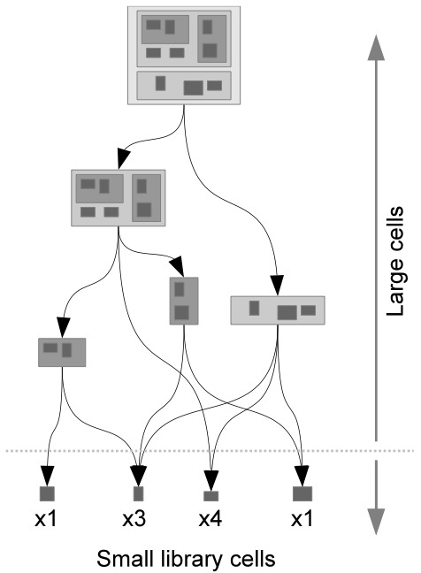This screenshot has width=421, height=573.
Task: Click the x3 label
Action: pos(134,519)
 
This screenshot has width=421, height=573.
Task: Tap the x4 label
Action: pos(210,519)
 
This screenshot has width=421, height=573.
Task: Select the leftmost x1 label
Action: pos(46,519)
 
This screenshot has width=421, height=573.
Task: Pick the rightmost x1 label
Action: pos(302,519)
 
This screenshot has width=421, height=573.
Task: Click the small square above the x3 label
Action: pos(139,493)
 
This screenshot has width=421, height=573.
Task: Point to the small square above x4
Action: pos(210,496)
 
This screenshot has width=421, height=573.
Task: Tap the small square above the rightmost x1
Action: pos(302,493)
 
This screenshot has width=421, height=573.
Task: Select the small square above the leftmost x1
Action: pos(47,493)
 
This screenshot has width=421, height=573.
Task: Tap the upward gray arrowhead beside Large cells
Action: pos(376,48)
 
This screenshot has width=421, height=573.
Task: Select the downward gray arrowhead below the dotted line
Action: pos(376,522)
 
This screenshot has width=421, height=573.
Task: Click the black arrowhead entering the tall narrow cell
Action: pos(178,265)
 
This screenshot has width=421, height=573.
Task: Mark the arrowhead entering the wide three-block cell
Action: pos(278,285)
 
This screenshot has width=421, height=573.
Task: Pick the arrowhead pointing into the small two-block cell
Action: pos(63,327)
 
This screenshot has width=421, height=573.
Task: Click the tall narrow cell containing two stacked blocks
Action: pos(184,301)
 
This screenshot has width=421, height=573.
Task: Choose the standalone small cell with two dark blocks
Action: pos(62,352)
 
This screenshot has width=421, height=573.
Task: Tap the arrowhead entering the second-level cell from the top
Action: pos(123,158)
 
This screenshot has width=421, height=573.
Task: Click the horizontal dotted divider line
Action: pos(210,451)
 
